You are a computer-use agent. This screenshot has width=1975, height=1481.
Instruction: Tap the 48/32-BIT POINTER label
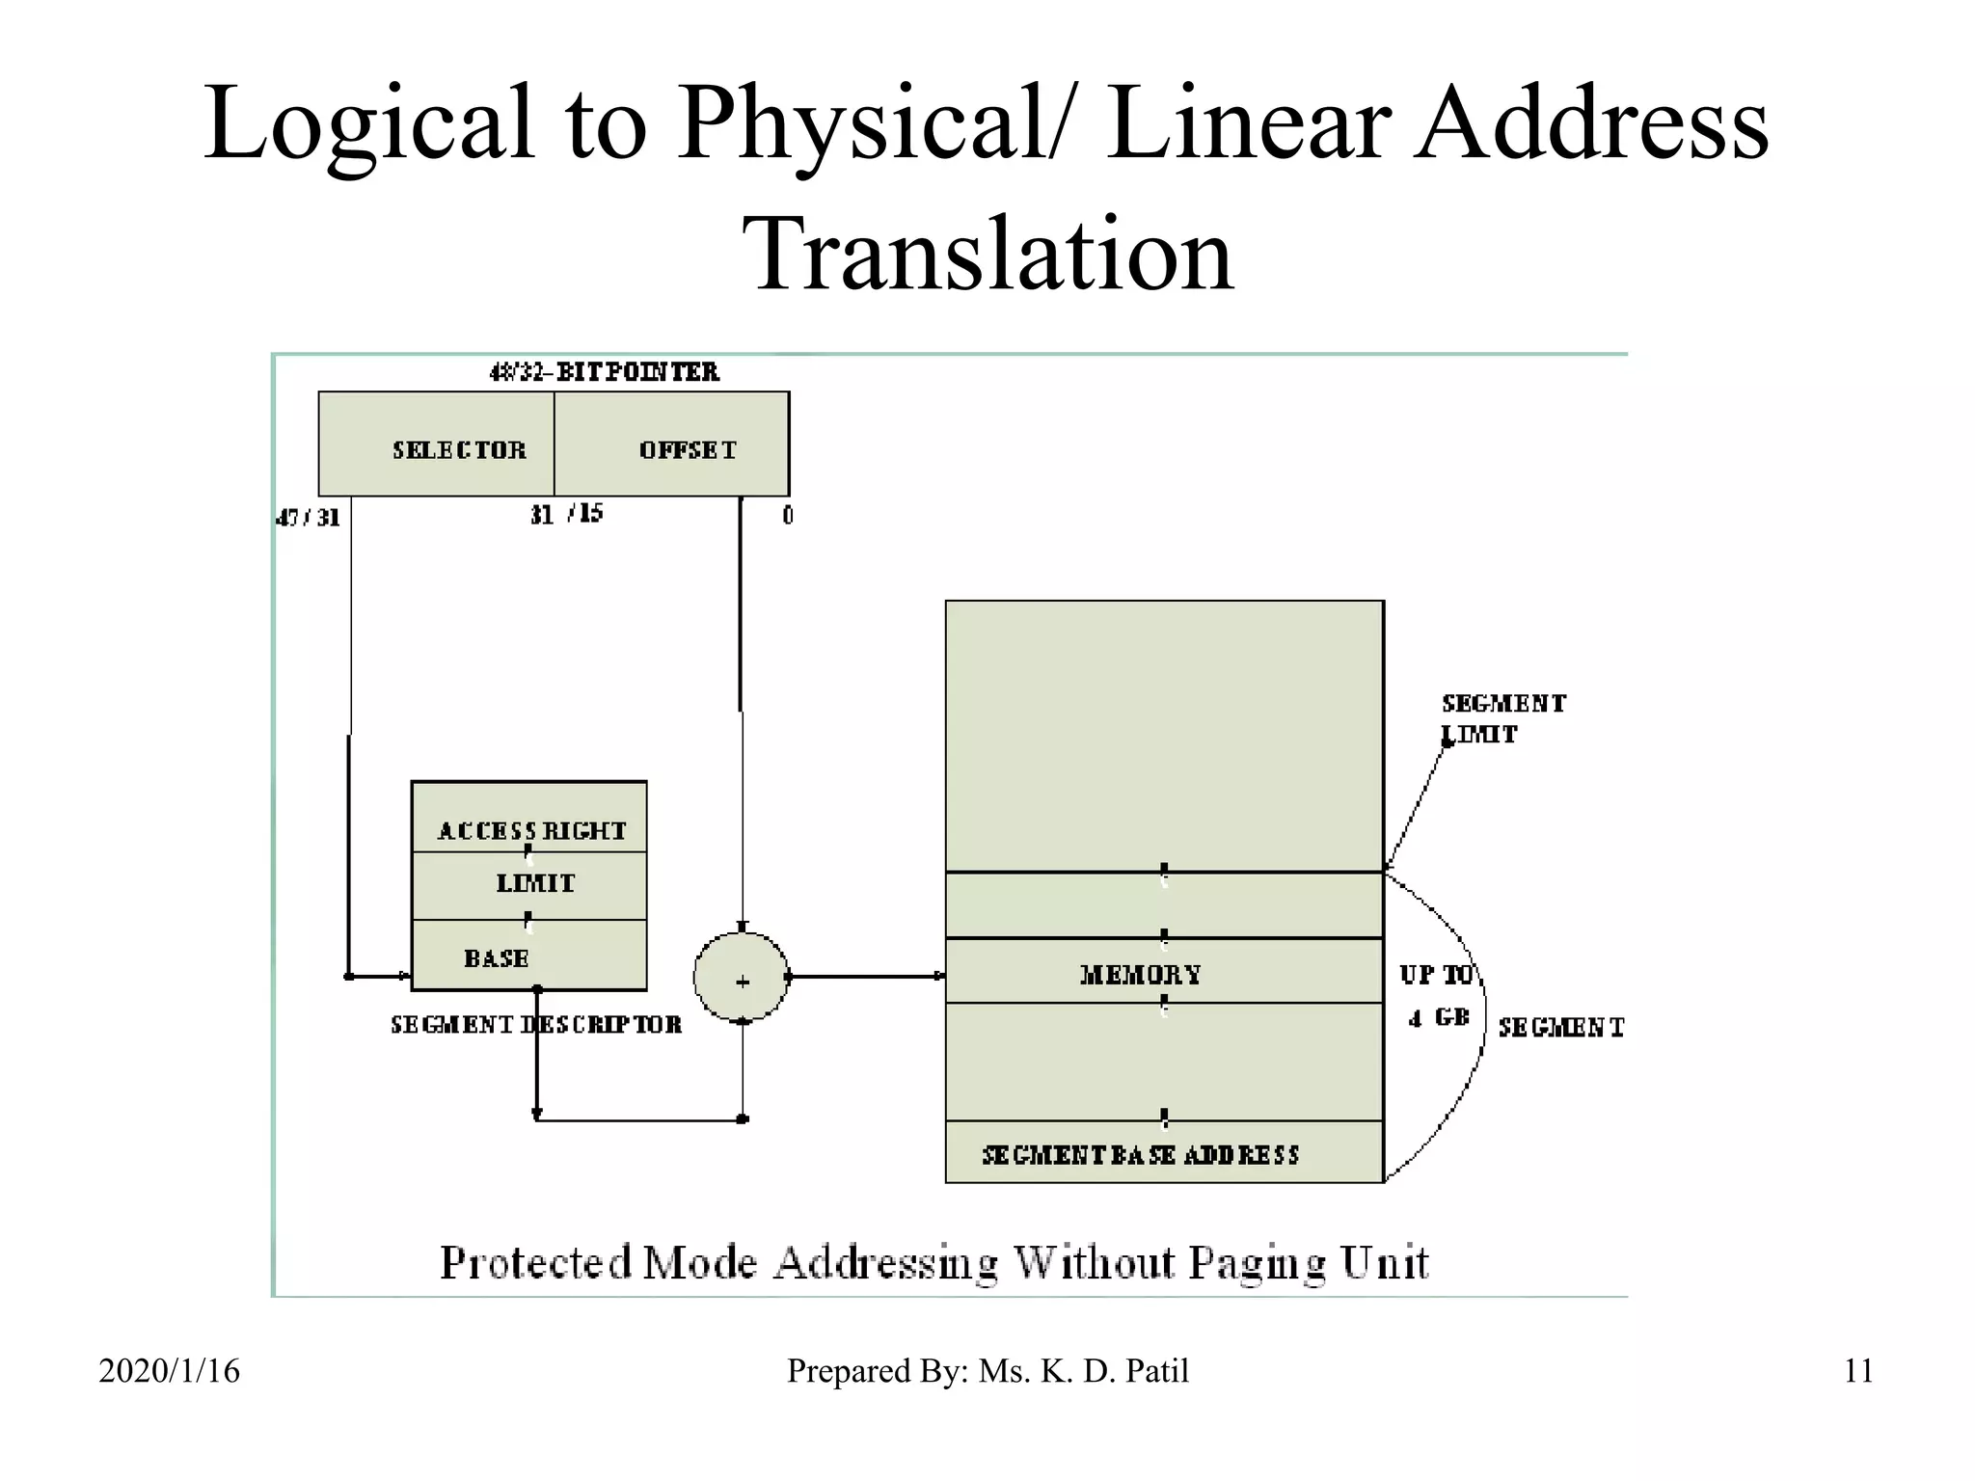[x=605, y=372]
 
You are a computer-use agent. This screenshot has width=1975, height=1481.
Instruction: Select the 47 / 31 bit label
[x=308, y=518]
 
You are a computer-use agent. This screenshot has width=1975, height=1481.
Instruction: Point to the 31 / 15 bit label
[x=566, y=514]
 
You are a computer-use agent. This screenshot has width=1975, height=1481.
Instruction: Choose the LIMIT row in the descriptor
[x=533, y=884]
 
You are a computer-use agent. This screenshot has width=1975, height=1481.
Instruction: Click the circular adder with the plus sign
[x=742, y=978]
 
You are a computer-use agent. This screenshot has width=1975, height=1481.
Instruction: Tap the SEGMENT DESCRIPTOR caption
[x=535, y=1025]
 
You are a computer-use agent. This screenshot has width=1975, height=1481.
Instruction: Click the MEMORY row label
[x=1141, y=974]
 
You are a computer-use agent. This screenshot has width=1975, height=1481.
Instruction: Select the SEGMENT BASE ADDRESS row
[x=1141, y=1154]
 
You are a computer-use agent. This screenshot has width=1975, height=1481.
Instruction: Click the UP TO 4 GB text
[x=1437, y=996]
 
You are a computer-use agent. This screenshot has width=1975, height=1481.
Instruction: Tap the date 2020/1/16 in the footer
[x=169, y=1370]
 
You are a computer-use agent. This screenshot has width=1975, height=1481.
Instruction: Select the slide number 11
[x=1858, y=1370]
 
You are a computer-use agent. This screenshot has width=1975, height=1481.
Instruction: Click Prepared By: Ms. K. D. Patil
[x=987, y=1370]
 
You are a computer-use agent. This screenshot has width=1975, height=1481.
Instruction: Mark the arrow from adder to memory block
[x=868, y=977]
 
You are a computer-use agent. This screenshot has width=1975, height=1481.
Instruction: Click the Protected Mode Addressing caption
[x=933, y=1262]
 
